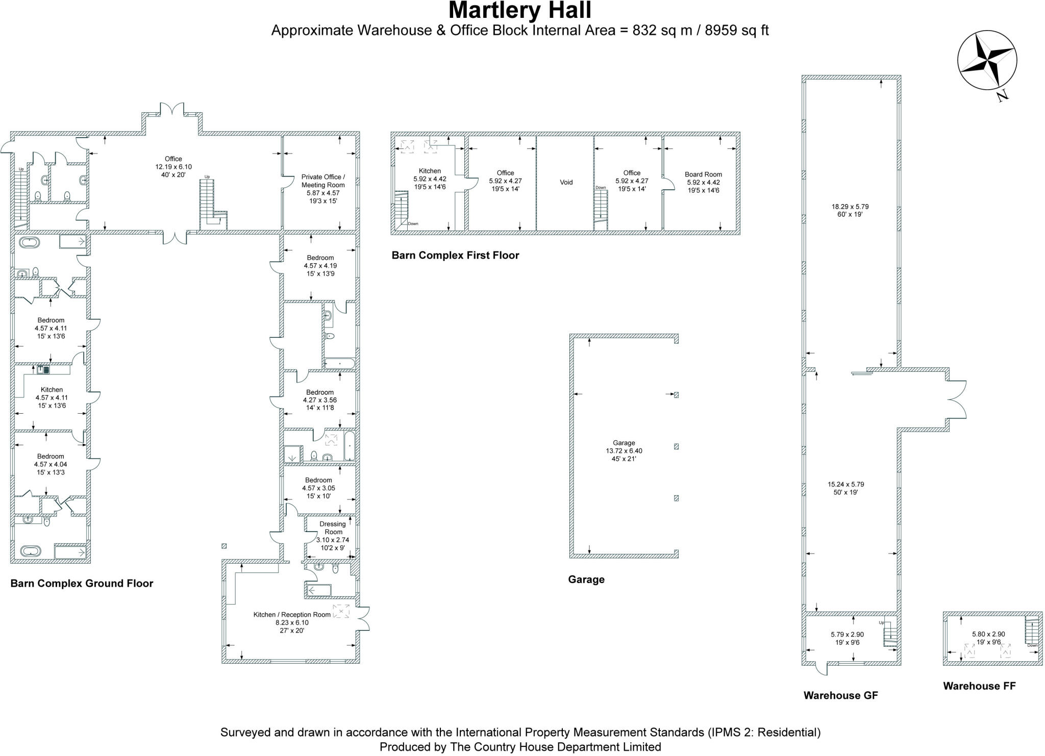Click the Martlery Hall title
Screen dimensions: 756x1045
click(519, 11)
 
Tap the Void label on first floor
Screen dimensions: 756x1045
click(566, 182)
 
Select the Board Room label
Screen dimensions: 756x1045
click(703, 174)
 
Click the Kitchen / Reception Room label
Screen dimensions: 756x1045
click(292, 614)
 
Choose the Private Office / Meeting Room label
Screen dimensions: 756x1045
click(322, 181)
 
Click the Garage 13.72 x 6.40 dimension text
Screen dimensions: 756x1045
click(624, 451)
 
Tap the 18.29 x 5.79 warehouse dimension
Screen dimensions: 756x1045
click(850, 207)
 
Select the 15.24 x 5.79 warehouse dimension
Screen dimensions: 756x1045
click(845, 484)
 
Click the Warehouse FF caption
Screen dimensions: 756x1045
click(979, 686)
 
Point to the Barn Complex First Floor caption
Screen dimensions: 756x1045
click(455, 256)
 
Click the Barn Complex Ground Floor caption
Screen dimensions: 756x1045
click(82, 584)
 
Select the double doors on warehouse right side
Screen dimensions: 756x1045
click(956, 399)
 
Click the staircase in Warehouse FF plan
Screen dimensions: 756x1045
click(1031, 631)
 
